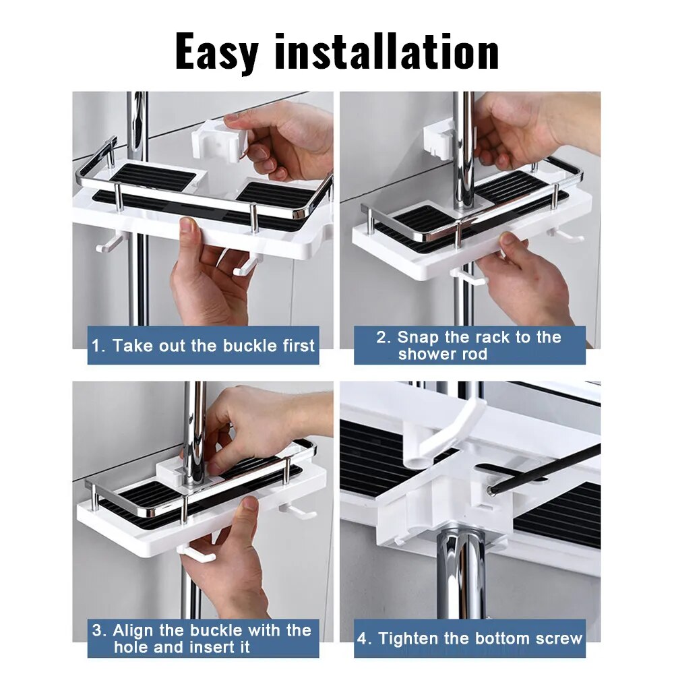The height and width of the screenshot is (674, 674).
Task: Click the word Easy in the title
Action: [217, 51]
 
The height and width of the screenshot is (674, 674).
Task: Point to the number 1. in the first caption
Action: [99, 346]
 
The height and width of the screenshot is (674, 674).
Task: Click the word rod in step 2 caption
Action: [474, 355]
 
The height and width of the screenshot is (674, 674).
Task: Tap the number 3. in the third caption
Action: [99, 631]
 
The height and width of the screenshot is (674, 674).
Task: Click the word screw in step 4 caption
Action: [558, 638]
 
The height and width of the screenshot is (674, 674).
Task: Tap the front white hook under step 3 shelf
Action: [197, 553]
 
